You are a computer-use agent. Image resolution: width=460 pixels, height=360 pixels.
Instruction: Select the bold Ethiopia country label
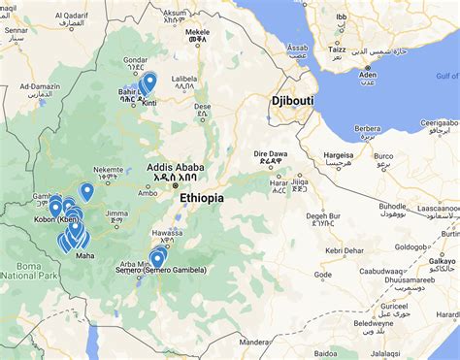(x=201, y=198)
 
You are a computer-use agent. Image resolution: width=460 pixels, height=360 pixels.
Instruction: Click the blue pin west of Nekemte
(x=86, y=190)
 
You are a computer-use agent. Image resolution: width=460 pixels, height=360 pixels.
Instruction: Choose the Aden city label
(x=367, y=74)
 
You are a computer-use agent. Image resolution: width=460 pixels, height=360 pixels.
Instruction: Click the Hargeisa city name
(x=339, y=153)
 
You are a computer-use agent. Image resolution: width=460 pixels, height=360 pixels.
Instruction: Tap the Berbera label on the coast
(x=367, y=127)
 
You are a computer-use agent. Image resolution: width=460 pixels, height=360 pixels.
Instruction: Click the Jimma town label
(x=117, y=212)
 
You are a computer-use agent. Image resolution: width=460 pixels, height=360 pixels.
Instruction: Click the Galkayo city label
(x=442, y=261)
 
